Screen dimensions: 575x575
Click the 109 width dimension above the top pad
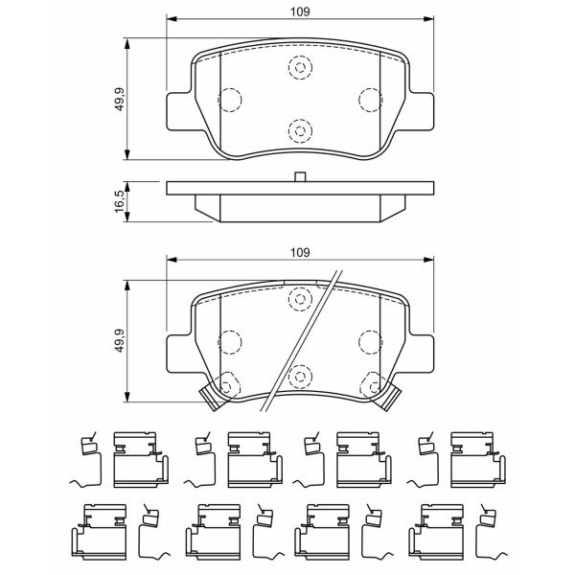point(300,11)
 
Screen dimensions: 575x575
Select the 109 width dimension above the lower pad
point(300,253)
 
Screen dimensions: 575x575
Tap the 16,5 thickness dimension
point(120,201)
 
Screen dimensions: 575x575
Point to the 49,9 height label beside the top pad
point(121,100)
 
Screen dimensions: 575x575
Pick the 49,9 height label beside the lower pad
point(121,340)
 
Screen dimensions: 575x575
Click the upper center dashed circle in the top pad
point(300,68)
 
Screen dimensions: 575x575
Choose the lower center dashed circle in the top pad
point(300,131)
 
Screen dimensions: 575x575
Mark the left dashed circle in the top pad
point(230,100)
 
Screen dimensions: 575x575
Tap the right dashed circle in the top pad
point(370,100)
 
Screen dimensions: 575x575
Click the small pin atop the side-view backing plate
point(300,176)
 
